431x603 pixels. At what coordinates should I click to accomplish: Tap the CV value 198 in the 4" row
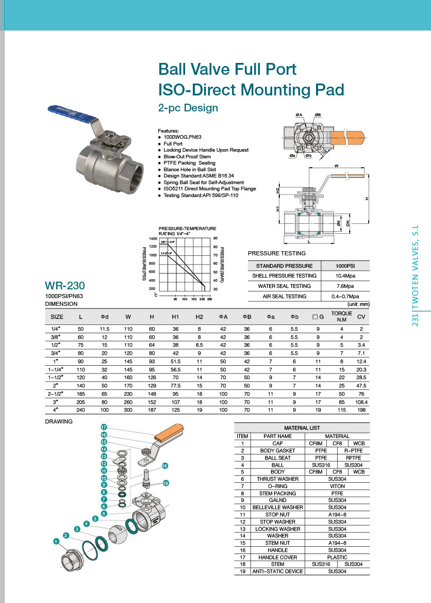point(361,410)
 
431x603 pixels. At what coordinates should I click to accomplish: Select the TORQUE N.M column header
point(341,316)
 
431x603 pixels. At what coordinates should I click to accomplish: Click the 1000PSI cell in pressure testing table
point(345,266)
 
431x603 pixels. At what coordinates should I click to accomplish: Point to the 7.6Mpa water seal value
point(345,286)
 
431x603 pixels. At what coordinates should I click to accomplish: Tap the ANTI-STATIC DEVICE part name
point(277,572)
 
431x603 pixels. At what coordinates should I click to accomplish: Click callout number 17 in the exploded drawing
point(104,427)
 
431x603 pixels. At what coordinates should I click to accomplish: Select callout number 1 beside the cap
point(56,541)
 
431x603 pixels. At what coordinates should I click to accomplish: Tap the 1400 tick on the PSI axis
point(153,239)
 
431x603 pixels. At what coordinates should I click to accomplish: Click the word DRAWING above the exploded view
point(59,421)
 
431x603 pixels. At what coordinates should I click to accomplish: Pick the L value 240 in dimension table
point(80,410)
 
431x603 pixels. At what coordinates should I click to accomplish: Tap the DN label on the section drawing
point(348,223)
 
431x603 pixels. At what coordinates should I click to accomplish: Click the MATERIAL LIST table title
point(302,428)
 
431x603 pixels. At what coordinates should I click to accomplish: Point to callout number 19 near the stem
point(166,483)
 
